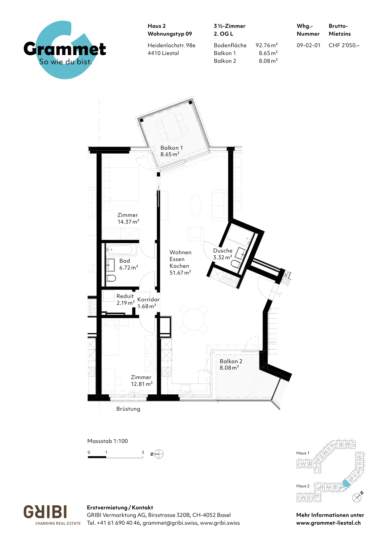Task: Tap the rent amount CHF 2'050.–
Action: [344, 45]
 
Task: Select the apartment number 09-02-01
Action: [308, 45]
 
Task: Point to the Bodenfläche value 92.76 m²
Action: [267, 45]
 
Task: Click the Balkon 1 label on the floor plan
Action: [172, 148]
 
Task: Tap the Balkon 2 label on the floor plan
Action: [231, 361]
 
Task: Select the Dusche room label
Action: [223, 251]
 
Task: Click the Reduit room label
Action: [125, 296]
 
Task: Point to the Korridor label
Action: [148, 299]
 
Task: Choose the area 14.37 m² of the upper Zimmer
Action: [128, 222]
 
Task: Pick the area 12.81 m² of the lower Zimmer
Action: [142, 384]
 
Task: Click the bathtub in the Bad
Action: [122, 250]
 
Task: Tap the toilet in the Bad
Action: [111, 278]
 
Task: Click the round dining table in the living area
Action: [194, 319]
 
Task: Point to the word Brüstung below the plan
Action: [128, 409]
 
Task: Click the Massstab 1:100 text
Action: [108, 441]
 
